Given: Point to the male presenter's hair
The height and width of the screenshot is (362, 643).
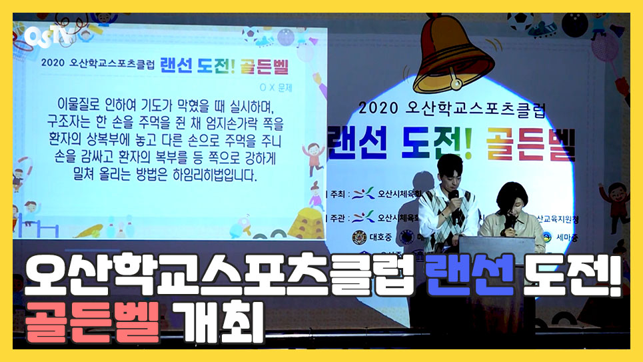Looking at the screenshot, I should pos(449,163).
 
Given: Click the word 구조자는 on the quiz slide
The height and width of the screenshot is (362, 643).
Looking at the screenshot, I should pos(63,124).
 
